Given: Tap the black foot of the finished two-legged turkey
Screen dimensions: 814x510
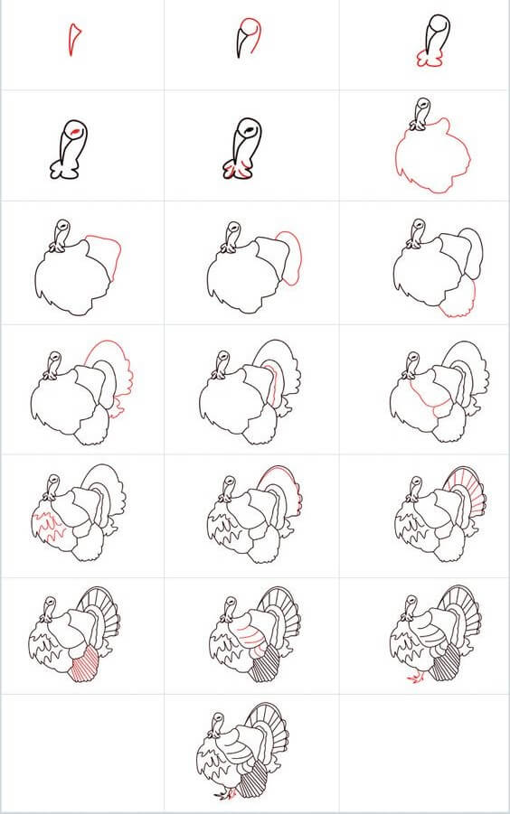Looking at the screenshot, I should (220, 795).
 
